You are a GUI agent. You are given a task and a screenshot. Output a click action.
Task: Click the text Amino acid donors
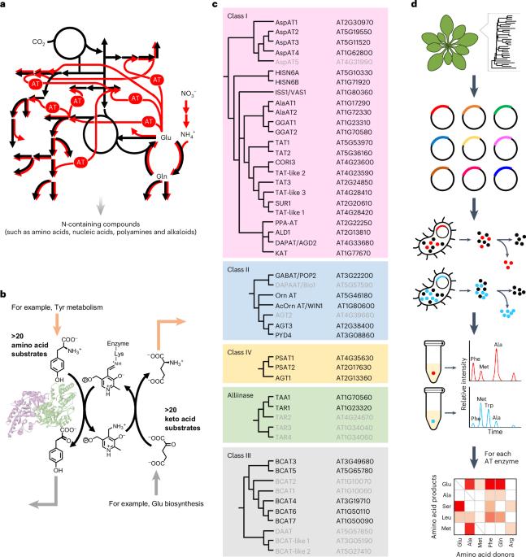[476, 550]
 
